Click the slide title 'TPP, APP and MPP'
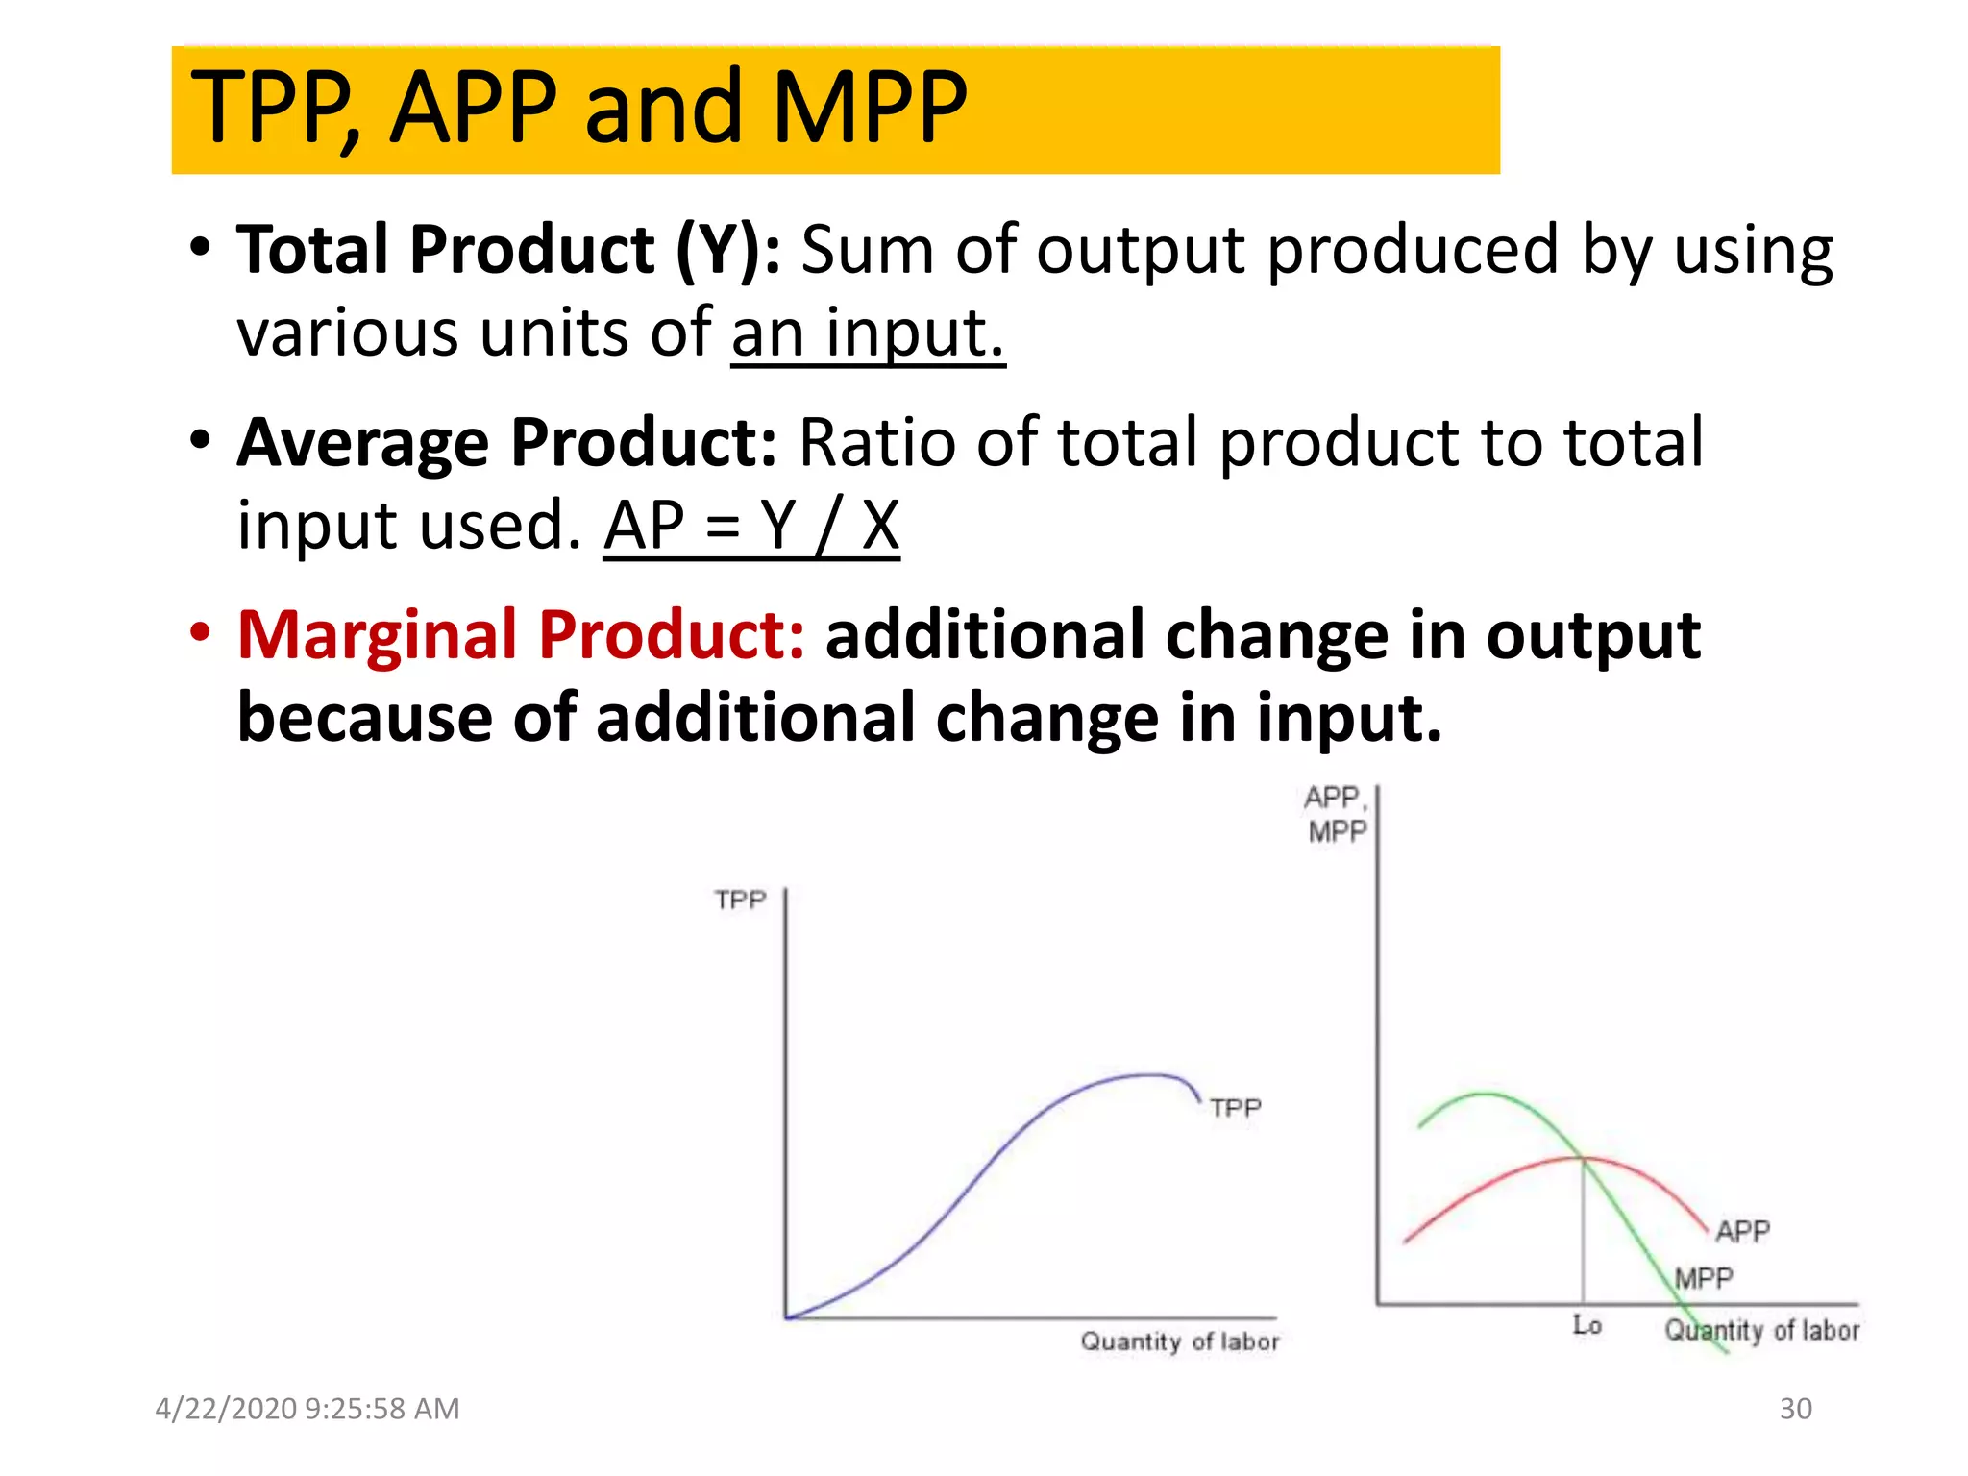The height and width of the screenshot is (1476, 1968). (x=579, y=108)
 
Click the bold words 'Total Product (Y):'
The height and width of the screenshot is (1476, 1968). (x=508, y=250)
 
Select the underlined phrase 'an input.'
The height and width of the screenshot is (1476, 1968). (x=867, y=333)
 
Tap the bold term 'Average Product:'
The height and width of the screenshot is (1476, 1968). (x=506, y=443)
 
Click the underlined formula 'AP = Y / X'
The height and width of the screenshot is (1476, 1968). (x=751, y=527)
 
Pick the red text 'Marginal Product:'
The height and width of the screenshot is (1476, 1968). (x=521, y=635)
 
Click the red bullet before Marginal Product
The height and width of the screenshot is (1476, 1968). (x=200, y=633)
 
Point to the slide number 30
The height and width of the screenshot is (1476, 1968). (x=1795, y=1409)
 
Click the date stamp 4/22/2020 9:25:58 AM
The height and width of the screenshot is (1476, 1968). (x=307, y=1409)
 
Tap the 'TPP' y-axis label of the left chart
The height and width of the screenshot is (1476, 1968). (x=740, y=900)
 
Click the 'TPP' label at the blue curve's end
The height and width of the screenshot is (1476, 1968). (x=1235, y=1108)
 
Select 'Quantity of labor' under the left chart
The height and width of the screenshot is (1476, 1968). (x=1179, y=1341)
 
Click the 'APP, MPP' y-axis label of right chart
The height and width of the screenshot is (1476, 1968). (x=1336, y=814)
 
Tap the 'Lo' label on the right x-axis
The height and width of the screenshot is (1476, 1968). (x=1587, y=1325)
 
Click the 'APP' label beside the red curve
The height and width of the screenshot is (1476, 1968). (x=1742, y=1231)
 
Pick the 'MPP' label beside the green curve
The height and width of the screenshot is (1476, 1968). (x=1703, y=1278)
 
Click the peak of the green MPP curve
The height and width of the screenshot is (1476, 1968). (x=1485, y=1094)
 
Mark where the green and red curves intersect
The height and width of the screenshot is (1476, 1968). (x=1583, y=1159)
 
